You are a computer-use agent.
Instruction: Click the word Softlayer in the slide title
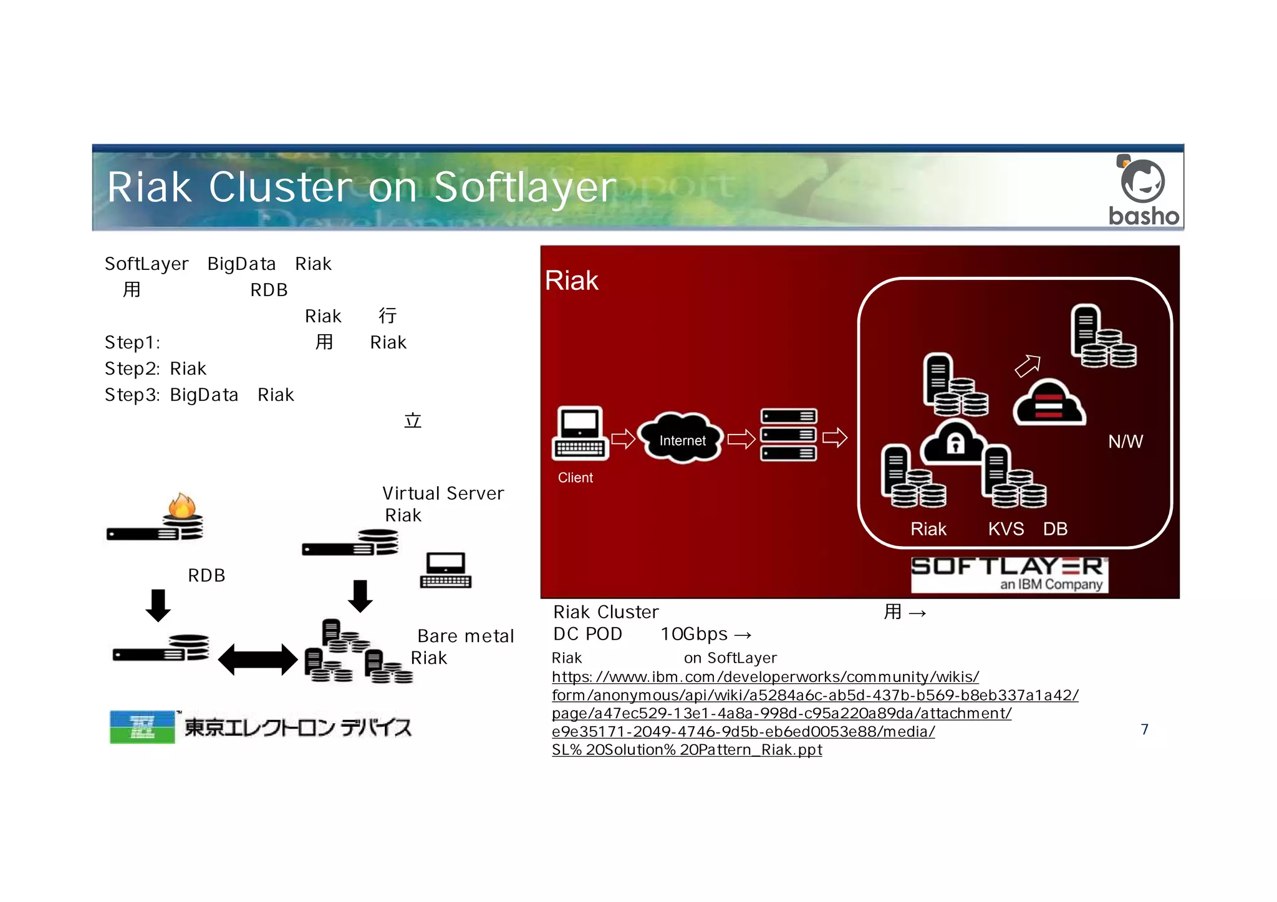point(525,188)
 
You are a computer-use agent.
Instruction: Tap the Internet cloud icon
point(682,439)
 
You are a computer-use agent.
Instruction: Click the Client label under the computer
point(575,477)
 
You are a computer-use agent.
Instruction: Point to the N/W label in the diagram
point(1125,441)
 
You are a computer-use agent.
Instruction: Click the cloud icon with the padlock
point(954,442)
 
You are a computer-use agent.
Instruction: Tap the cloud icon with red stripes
point(1049,404)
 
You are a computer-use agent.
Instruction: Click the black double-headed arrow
point(258,660)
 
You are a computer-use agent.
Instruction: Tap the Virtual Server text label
point(443,493)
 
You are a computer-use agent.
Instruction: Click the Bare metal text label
point(465,636)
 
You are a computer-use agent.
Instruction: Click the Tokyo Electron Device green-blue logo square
point(142,726)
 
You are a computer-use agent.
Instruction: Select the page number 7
point(1144,729)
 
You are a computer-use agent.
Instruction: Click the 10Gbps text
point(693,634)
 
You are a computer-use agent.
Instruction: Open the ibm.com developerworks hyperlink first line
point(765,677)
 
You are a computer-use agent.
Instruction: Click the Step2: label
point(132,368)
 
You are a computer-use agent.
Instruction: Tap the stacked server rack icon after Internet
point(788,434)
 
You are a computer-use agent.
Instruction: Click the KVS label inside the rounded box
point(1005,529)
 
